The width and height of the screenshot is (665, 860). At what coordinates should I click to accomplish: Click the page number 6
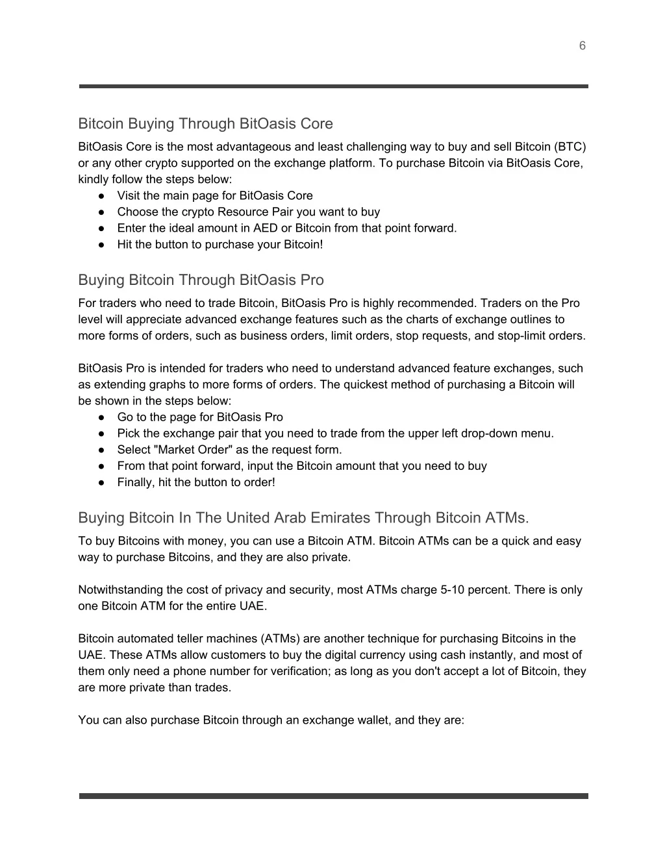pyautogui.click(x=582, y=45)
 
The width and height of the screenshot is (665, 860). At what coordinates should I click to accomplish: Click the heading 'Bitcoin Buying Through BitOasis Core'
pyautogui.click(x=205, y=123)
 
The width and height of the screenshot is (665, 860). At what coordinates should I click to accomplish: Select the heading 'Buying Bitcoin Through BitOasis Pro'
pyautogui.click(x=201, y=280)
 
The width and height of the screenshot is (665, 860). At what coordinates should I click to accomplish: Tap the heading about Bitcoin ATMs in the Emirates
pyautogui.click(x=303, y=517)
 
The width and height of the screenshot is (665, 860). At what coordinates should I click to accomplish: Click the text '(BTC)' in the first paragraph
pyautogui.click(x=570, y=147)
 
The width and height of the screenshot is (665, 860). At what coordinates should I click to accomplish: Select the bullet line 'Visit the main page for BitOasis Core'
pyautogui.click(x=214, y=195)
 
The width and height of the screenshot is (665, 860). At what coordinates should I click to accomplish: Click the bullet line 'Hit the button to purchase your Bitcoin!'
pyautogui.click(x=220, y=244)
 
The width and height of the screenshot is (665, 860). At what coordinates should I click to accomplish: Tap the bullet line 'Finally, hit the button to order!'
pyautogui.click(x=195, y=482)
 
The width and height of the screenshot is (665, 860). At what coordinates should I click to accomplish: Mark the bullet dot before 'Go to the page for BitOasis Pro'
pyautogui.click(x=102, y=417)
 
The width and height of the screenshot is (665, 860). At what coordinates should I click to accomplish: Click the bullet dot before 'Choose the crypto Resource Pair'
pyautogui.click(x=102, y=212)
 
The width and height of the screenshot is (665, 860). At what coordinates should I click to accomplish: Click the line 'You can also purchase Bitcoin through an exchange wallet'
pyautogui.click(x=271, y=719)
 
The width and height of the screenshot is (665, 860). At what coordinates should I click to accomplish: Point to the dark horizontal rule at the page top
pyautogui.click(x=333, y=86)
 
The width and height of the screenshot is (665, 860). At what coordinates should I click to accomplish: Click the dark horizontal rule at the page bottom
pyautogui.click(x=333, y=795)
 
